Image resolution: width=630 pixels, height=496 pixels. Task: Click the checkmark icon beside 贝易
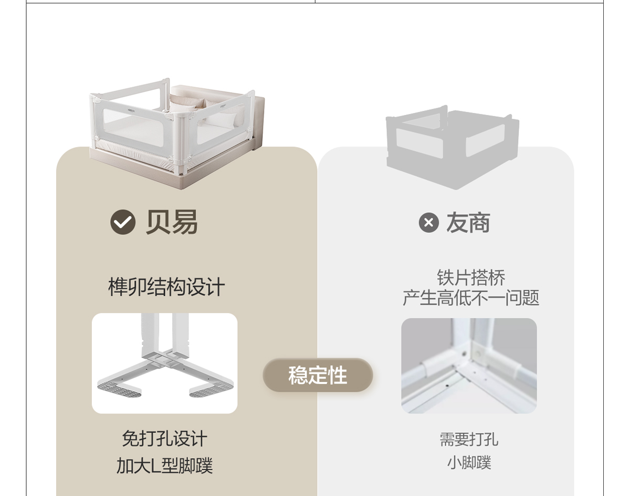tap(123, 222)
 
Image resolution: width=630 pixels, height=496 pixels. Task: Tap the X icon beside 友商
tap(428, 223)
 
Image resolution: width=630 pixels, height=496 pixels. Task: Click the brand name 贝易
tap(172, 222)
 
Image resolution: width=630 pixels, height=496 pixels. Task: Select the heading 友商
tap(468, 223)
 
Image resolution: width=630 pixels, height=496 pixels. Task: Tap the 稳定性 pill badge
tap(318, 375)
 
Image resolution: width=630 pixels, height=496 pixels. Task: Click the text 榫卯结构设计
tap(166, 287)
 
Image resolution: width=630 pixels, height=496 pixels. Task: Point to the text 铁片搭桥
tap(471, 277)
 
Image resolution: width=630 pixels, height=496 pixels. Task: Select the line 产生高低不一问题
tap(471, 298)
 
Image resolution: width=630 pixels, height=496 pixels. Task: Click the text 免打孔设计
tap(164, 438)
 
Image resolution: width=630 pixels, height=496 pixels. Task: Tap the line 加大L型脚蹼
tap(164, 466)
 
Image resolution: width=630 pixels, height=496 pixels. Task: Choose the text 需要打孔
tap(469, 439)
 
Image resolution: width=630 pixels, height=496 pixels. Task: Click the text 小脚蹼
tap(469, 463)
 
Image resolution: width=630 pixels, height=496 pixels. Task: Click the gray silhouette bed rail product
tap(453, 147)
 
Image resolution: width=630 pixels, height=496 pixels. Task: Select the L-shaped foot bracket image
tap(164, 363)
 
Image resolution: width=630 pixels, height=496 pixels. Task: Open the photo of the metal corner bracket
tap(469, 366)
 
